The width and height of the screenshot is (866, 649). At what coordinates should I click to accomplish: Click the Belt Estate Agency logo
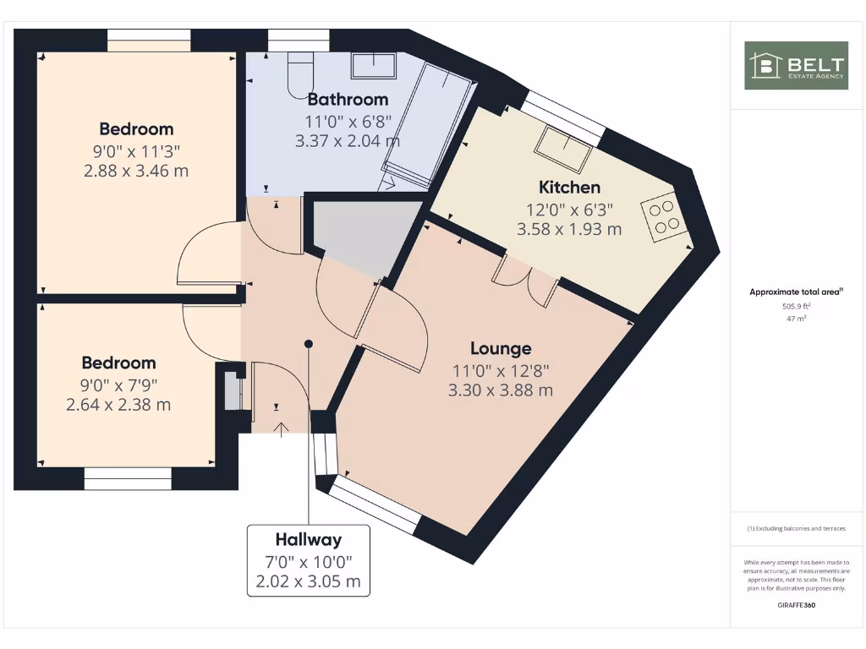[796, 66]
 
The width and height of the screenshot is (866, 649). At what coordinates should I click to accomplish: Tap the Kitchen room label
[569, 188]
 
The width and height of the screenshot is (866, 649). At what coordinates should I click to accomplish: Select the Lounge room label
[501, 348]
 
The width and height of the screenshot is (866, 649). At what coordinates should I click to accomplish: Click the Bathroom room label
[348, 99]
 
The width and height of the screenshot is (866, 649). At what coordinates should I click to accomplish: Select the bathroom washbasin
[374, 65]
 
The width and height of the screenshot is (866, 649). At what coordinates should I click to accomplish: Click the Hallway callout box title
[308, 539]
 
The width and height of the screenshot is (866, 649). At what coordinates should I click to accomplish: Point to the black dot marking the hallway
[309, 344]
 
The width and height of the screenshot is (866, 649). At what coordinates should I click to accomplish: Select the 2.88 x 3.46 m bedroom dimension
[137, 171]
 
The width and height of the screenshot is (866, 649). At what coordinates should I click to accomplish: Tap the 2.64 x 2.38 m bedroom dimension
[118, 405]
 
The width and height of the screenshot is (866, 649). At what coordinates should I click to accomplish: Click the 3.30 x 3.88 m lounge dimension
[501, 390]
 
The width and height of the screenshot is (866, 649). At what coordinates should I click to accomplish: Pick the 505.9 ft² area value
[796, 307]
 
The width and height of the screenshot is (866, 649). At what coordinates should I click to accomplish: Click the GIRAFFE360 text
[796, 605]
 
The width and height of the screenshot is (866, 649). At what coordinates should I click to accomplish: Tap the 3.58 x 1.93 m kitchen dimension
[569, 228]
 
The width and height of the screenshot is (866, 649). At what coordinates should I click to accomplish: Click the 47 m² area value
[796, 319]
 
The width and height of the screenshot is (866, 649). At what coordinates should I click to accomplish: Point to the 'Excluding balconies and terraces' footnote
[796, 529]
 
